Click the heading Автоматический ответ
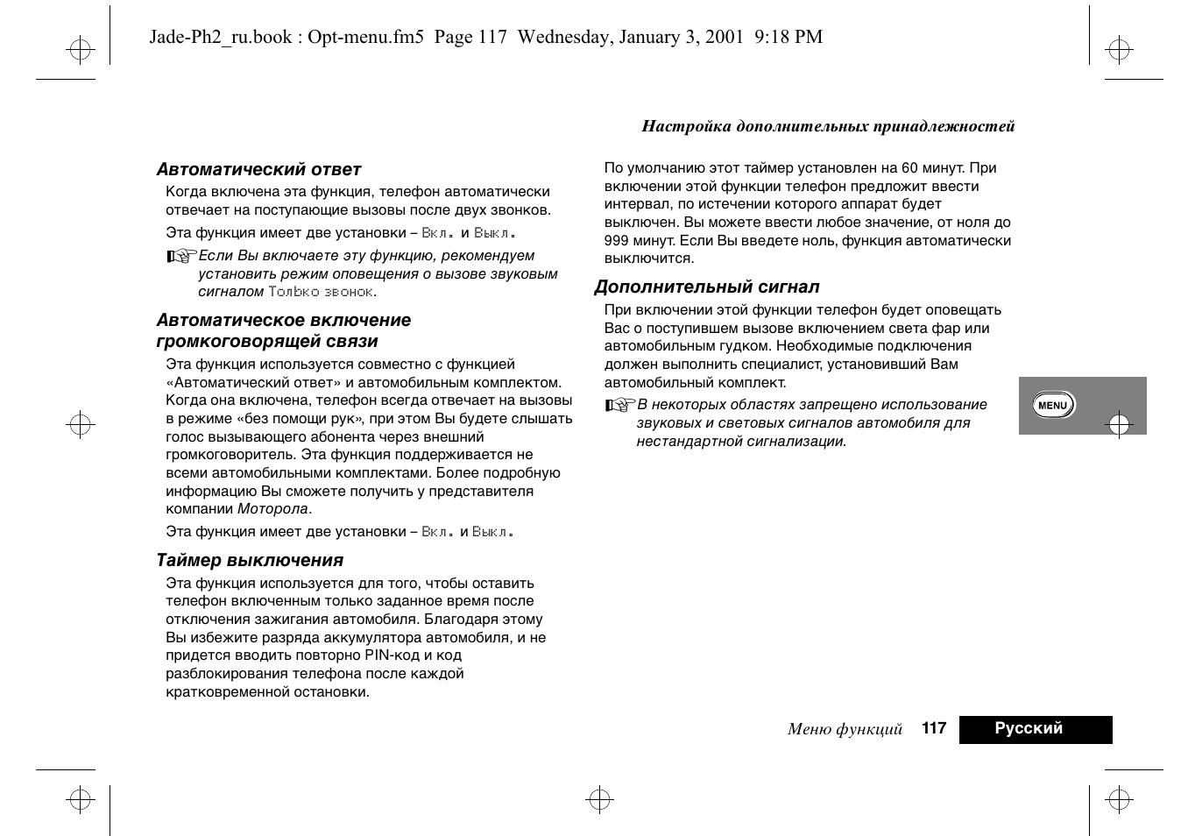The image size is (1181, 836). [x=258, y=169]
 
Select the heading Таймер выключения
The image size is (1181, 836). [x=250, y=560]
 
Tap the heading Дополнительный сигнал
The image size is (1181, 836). [x=707, y=287]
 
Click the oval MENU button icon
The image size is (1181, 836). [x=1052, y=405]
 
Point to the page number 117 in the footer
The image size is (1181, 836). [x=934, y=728]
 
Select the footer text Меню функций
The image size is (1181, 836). [x=845, y=729]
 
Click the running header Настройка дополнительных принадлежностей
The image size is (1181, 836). [x=828, y=126]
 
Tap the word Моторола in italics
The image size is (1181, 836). [x=273, y=509]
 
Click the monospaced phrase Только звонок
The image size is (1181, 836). [x=321, y=292]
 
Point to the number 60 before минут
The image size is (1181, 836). [x=909, y=168]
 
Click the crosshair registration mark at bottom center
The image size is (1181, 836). [x=598, y=799]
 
